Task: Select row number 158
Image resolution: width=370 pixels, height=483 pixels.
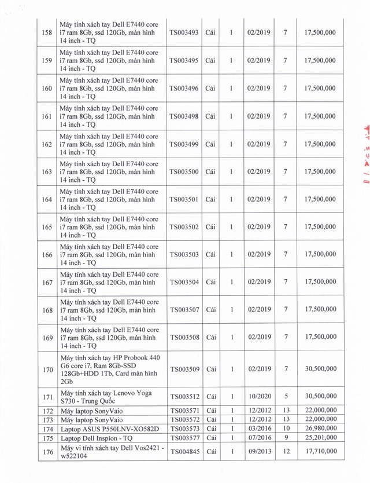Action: (x=47, y=33)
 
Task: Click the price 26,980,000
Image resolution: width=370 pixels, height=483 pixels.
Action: (x=319, y=429)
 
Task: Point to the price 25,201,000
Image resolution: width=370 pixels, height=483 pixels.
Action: (x=319, y=438)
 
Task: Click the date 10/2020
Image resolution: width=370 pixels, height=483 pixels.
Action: (x=257, y=397)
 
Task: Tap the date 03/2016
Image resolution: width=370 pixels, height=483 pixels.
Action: (x=257, y=429)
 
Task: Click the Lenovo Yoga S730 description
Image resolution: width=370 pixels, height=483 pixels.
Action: (x=106, y=397)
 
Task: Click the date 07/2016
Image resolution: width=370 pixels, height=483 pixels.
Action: (x=257, y=438)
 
